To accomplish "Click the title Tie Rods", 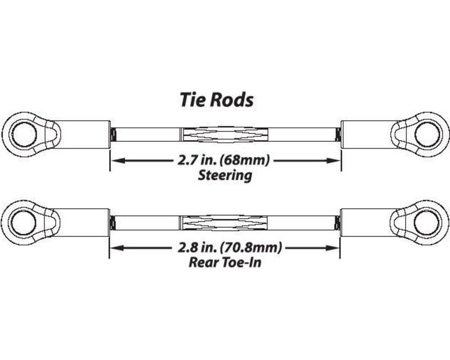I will [217, 100].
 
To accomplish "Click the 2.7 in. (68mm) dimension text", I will [225, 160].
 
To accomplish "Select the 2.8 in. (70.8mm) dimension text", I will [225, 247].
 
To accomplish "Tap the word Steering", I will [225, 175].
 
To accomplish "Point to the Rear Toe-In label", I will [225, 262].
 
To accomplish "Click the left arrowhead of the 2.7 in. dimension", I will [115, 160].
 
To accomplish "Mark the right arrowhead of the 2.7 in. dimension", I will [336, 160].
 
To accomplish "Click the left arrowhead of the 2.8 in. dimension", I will [115, 247].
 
